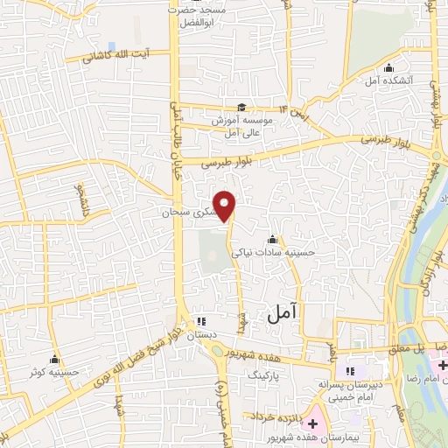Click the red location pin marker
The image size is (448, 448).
click(226, 206)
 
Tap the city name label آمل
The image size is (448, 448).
click(279, 311)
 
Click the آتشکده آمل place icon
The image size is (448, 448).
click(388, 69)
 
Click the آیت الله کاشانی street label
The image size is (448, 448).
click(116, 57)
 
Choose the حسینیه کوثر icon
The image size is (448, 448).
click(55, 360)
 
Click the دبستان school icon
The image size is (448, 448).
click(200, 321)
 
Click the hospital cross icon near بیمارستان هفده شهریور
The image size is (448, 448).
click(312, 423)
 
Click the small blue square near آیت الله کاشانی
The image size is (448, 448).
click(111, 45)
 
